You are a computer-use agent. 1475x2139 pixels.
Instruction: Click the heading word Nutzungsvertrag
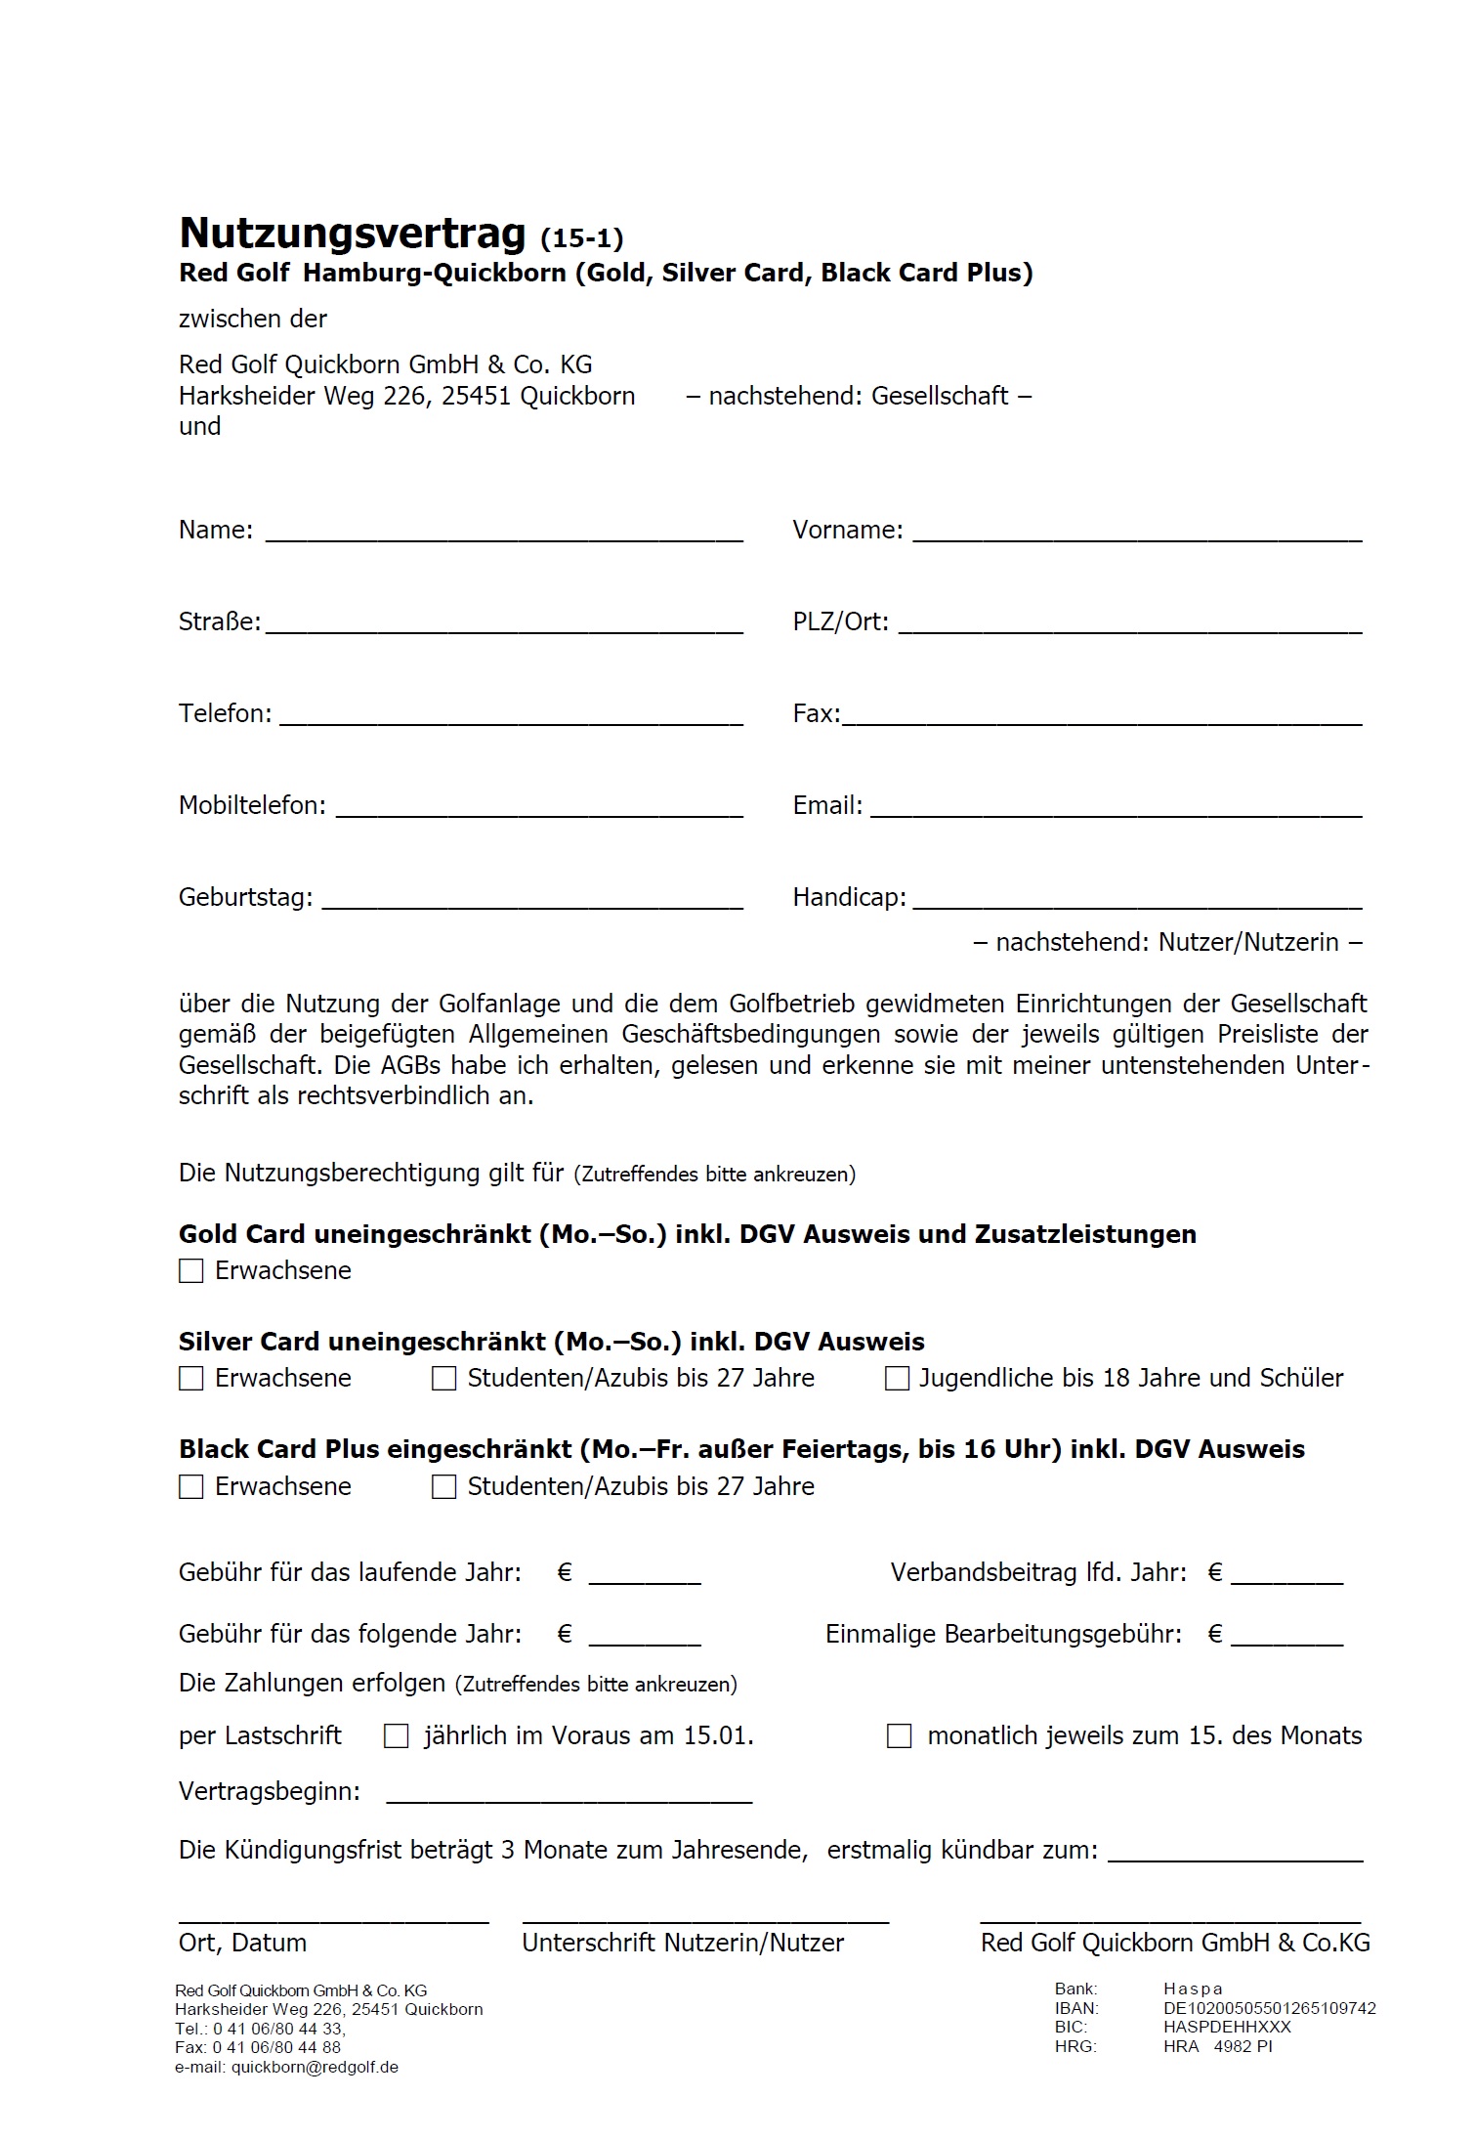click(x=353, y=235)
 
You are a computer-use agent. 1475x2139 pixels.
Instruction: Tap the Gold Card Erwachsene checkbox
click(x=191, y=1270)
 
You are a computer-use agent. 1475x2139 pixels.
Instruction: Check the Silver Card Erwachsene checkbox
click(x=191, y=1378)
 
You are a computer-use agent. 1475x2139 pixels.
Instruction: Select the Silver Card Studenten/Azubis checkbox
click(x=444, y=1378)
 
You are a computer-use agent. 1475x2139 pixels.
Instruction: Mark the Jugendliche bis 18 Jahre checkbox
click(x=897, y=1378)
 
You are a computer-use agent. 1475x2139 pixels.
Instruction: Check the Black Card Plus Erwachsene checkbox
click(x=191, y=1486)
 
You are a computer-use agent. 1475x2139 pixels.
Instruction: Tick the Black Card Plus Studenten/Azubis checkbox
click(x=444, y=1486)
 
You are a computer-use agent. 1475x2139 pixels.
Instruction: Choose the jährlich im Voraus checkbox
click(x=396, y=1735)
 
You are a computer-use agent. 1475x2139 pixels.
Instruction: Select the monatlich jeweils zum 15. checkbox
click(x=899, y=1735)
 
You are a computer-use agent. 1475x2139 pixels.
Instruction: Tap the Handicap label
click(x=849, y=897)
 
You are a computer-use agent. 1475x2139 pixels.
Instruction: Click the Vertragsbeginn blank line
click(x=569, y=1793)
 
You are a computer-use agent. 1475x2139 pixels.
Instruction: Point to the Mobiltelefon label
click(x=252, y=805)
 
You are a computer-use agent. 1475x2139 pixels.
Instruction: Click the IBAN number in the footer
click(x=1269, y=2008)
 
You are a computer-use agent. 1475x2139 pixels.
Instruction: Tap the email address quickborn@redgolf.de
click(x=315, y=2067)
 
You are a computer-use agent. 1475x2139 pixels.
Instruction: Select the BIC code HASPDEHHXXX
click(x=1227, y=2027)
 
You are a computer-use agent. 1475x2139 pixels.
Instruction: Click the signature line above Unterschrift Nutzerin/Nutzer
click(x=705, y=1921)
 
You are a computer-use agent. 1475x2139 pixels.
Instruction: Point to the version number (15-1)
click(x=581, y=237)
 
